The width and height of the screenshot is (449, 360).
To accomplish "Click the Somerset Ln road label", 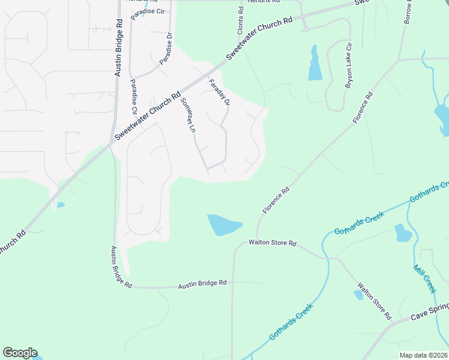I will pos(188,115).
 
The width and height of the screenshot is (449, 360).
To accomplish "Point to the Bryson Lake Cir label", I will pos(348,67).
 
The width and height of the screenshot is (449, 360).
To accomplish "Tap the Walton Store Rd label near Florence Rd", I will pos(273,244).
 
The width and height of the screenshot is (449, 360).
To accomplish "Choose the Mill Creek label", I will pos(424,278).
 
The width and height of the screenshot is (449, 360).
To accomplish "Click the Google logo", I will pos(20,353).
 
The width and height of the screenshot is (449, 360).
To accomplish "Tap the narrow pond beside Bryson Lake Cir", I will pos(315,64).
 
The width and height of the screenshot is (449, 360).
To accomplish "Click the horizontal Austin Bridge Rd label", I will pos(202,283).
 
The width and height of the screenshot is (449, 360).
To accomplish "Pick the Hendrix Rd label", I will pos(265,2).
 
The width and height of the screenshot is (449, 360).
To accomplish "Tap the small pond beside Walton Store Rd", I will pos(358,294).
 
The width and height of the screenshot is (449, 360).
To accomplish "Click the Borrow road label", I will pos(409,12).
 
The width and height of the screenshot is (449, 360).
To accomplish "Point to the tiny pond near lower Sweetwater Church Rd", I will pos(60,205).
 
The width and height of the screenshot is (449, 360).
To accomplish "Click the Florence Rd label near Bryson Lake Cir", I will pos(363,107).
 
